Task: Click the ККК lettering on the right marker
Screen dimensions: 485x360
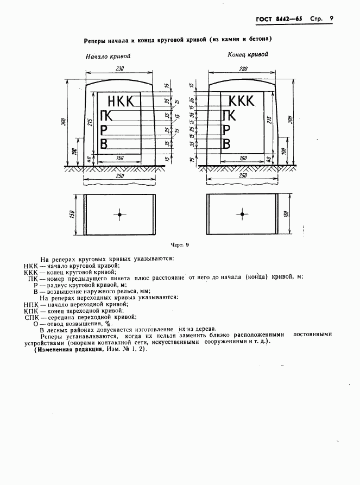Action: pos(241,101)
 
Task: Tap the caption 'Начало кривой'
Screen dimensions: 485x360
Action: pos(108,55)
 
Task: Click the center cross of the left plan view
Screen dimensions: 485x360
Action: pos(119,215)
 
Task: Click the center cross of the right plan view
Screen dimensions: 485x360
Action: pos(242,215)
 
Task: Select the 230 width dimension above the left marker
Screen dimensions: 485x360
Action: pos(120,68)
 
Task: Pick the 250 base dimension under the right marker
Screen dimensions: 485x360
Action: pos(243,175)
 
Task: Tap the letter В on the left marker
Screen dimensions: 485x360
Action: pos(104,143)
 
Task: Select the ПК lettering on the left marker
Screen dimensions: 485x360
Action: pos(107,115)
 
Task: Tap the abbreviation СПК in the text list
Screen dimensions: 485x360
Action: pos(32,317)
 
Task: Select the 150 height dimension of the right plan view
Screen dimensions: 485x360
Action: pos(286,214)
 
